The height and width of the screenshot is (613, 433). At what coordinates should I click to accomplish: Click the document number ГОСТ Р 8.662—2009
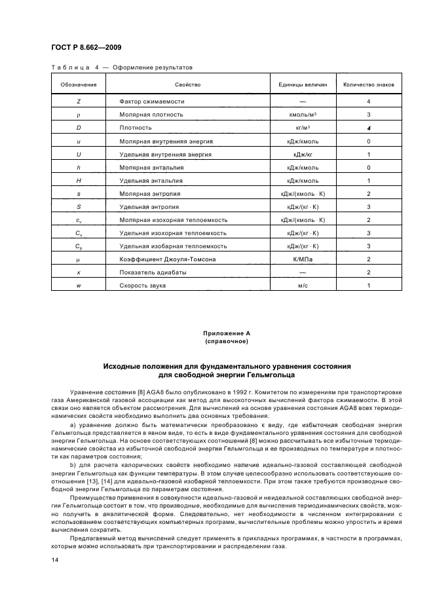click(x=85, y=47)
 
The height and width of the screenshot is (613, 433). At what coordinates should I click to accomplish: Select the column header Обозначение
click(x=79, y=85)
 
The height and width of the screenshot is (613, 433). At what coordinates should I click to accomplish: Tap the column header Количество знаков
click(x=369, y=85)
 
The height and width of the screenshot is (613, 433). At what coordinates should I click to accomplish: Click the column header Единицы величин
click(x=303, y=85)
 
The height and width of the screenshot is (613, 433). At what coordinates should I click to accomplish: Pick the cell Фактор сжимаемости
click(x=152, y=102)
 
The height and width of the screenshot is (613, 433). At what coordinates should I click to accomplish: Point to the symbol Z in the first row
click(x=79, y=102)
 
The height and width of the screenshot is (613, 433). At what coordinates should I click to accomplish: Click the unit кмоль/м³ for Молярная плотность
click(x=303, y=115)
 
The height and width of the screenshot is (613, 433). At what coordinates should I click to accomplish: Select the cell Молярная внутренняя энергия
click(x=166, y=141)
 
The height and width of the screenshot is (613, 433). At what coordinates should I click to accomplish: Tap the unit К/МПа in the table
click(x=303, y=259)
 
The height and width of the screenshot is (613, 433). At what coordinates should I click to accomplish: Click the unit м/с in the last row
click(x=303, y=286)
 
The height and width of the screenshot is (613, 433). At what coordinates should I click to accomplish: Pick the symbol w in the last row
click(x=79, y=286)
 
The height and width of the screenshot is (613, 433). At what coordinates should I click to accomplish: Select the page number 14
click(x=55, y=560)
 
